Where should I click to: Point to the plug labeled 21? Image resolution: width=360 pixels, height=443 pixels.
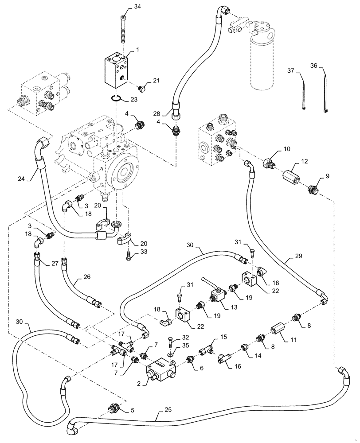click(131, 88)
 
